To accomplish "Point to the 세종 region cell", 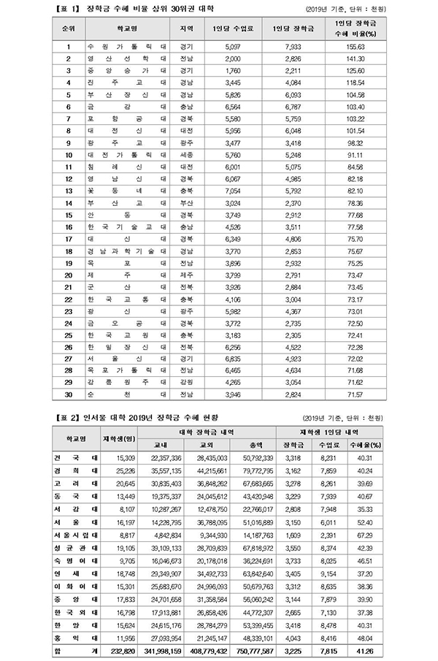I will coord(185,156).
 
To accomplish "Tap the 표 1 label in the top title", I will coord(68,9).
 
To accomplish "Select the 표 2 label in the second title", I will coord(68,419).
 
